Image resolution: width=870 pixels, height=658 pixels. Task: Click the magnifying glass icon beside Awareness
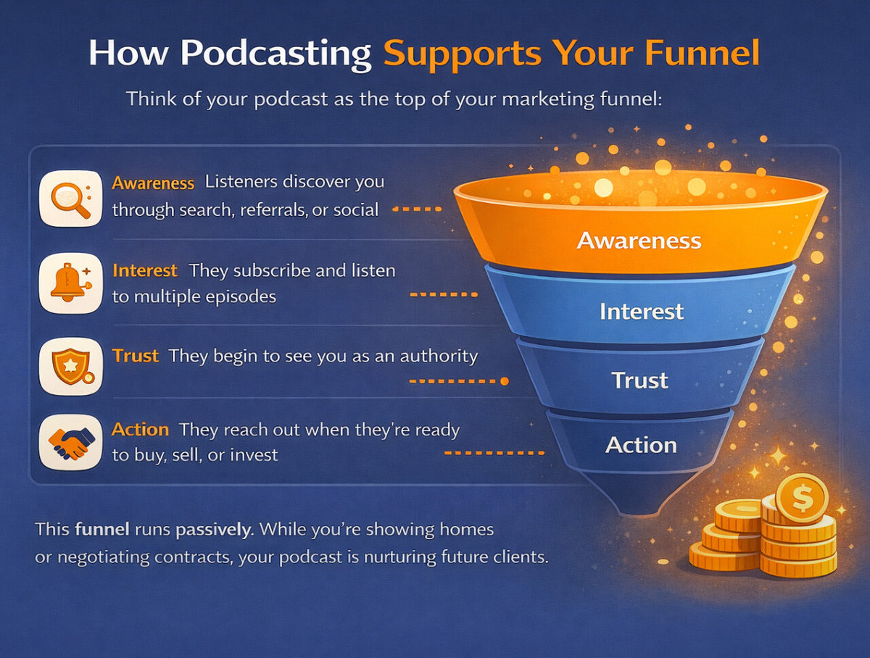pos(70,197)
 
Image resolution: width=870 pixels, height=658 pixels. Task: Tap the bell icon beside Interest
pos(70,283)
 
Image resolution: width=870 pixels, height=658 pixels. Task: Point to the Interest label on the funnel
pos(642,312)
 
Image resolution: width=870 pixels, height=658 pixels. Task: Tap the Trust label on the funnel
pos(639,380)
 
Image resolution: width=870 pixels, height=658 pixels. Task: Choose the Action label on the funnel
pos(641,444)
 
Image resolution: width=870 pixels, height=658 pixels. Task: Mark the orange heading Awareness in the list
pos(153,183)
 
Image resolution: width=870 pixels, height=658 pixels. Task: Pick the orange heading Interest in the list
pos(145,271)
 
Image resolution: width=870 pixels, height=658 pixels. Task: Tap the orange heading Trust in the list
pos(136,356)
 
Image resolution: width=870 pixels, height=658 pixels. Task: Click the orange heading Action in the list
pos(141,430)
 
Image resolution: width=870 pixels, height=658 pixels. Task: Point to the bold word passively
pos(212,530)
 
